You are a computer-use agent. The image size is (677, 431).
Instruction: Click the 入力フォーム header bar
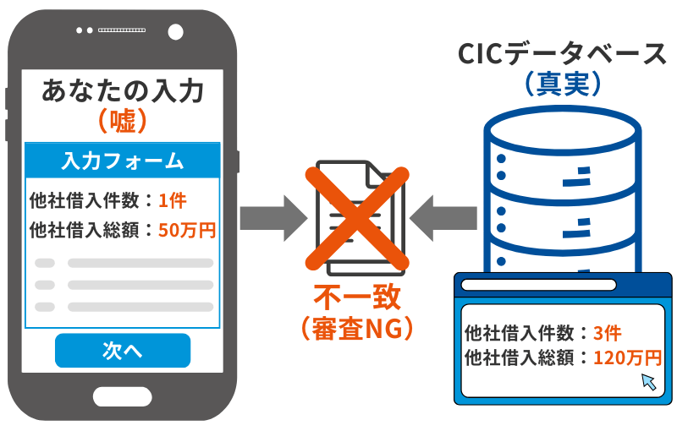click(x=123, y=160)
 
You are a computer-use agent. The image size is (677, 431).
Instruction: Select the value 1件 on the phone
click(x=172, y=201)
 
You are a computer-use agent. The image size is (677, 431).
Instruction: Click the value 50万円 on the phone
click(x=187, y=229)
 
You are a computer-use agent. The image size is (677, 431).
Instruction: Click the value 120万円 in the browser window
click(x=627, y=357)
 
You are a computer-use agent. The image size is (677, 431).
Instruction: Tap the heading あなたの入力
click(x=124, y=90)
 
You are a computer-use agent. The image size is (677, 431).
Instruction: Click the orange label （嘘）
click(x=124, y=122)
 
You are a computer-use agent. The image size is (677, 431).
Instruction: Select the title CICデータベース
click(x=562, y=55)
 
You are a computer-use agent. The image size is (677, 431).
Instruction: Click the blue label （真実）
click(x=562, y=84)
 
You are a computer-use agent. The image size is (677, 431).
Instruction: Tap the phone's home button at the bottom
click(x=123, y=397)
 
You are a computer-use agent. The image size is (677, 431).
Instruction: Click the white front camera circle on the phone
click(x=175, y=31)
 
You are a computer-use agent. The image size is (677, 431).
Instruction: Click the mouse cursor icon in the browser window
click(x=649, y=381)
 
